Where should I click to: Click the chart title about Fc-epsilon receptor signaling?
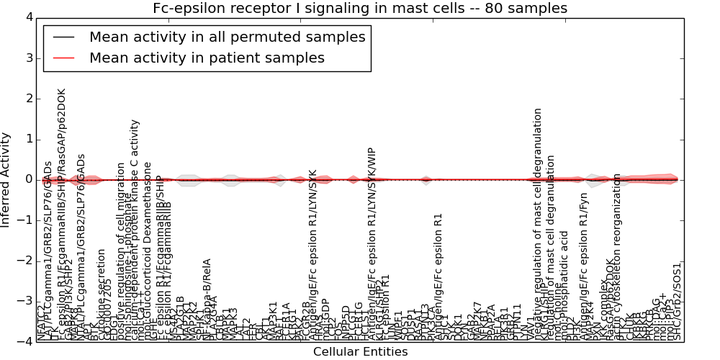[x=360, y=9]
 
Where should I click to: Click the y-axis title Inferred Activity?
[x=6, y=179]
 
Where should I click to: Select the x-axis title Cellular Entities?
[x=360, y=352]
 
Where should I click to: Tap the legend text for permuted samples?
[x=227, y=37]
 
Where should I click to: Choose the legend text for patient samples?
[x=207, y=58]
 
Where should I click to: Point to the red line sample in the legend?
[x=63, y=58]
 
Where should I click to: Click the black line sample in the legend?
[x=63, y=37]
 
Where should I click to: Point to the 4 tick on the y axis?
[x=28, y=17]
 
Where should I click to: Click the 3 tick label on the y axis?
[x=28, y=58]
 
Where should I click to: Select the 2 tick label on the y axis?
[x=28, y=99]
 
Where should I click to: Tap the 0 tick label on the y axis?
[x=28, y=179]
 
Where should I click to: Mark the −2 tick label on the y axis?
[x=25, y=261]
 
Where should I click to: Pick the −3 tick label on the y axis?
[x=25, y=301]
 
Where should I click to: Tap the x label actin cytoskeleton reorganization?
[x=617, y=256]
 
